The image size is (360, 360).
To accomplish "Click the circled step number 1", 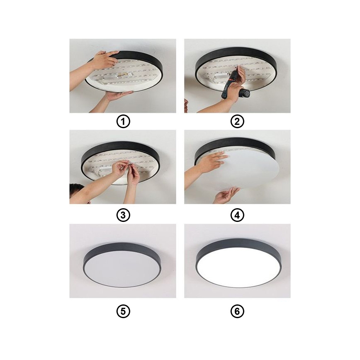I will (x=123, y=122).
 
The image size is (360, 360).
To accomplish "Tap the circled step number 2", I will (x=237, y=122).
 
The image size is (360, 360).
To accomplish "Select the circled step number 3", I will (x=123, y=215).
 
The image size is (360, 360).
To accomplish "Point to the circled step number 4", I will (x=237, y=215).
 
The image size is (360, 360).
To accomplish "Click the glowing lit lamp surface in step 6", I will (x=237, y=266).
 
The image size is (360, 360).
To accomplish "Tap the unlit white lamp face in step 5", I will (x=122, y=268).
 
